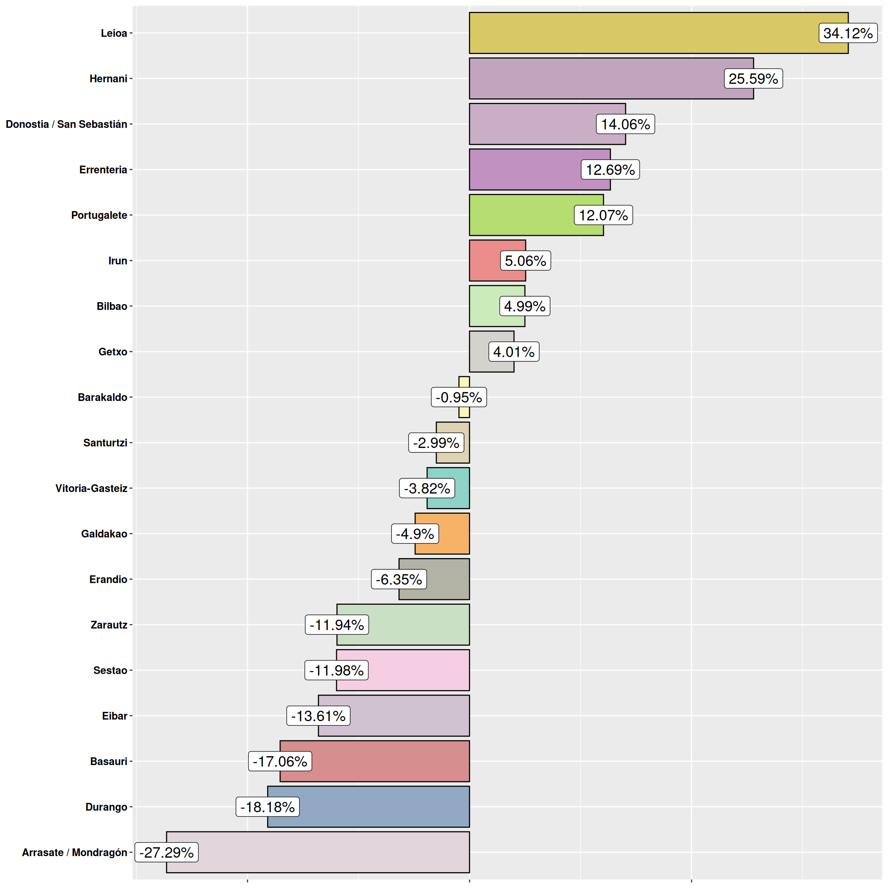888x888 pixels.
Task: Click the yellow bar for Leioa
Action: pyautogui.click(x=644, y=33)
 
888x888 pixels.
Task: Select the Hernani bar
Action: pyautogui.click(x=597, y=79)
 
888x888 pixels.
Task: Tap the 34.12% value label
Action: pyautogui.click(x=848, y=33)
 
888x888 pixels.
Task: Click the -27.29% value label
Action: pyautogui.click(x=166, y=852)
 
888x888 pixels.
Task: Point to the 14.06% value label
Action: pyautogui.click(x=625, y=124)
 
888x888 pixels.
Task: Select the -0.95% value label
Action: pyautogui.click(x=458, y=397)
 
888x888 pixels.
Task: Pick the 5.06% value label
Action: pyautogui.click(x=525, y=261)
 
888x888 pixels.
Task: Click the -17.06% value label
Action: pyautogui.click(x=279, y=761)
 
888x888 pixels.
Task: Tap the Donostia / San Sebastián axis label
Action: pyautogui.click(x=66, y=124)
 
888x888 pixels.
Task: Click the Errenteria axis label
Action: pyautogui.click(x=103, y=170)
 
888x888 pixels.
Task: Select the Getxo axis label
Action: pyautogui.click(x=113, y=351)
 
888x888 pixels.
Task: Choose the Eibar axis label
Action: pyautogui.click(x=114, y=716)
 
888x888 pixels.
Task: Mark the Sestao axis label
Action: pyautogui.click(x=110, y=670)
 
